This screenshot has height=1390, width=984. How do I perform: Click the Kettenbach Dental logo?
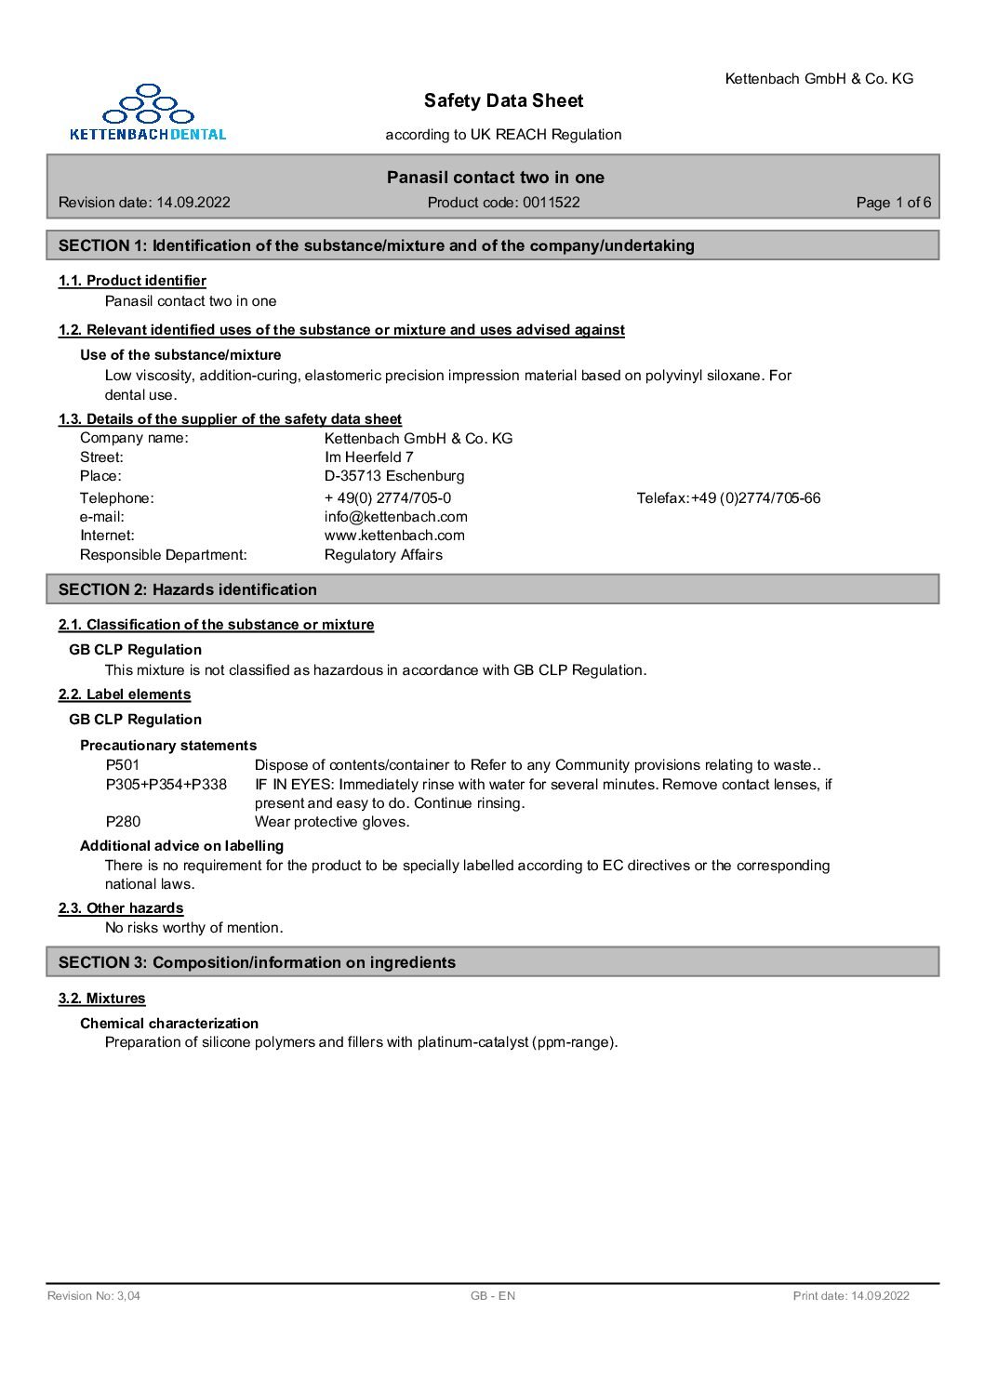[148, 113]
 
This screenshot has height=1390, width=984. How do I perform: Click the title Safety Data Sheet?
[503, 100]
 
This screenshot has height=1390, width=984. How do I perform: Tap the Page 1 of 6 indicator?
[893, 203]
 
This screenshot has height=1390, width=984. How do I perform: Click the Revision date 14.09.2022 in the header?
[144, 203]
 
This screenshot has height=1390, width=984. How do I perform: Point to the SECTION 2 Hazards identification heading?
[188, 589]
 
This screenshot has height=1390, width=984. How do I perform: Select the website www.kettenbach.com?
[394, 536]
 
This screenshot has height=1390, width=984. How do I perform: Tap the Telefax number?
[728, 498]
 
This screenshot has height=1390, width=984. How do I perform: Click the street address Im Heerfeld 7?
[368, 457]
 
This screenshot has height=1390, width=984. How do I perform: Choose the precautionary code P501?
[123, 765]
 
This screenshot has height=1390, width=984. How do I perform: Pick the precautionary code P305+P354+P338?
[166, 785]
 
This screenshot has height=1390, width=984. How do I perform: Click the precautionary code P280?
[123, 822]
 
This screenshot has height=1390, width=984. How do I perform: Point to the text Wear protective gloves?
[332, 822]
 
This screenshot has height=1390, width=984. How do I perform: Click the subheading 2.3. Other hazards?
[121, 908]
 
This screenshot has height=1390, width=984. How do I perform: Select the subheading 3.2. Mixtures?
[102, 999]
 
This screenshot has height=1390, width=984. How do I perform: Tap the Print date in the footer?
[851, 1296]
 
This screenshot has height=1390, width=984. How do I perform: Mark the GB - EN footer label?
[493, 1296]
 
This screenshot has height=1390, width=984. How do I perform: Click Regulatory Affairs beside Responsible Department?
[383, 555]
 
